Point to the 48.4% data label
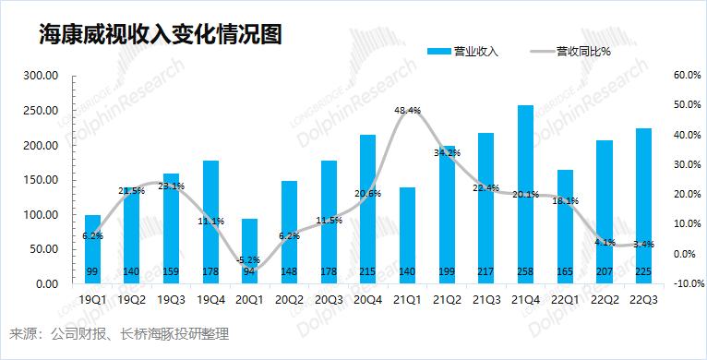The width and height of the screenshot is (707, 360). (407, 111)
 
